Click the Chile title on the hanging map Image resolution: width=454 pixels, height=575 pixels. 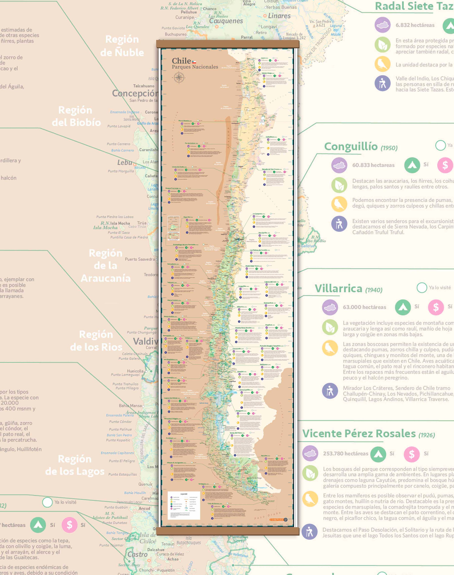tap(182, 61)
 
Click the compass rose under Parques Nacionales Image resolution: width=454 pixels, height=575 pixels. tap(179, 78)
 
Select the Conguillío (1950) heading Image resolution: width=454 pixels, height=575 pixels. tap(361, 147)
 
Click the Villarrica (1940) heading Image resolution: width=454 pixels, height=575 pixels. tap(348, 289)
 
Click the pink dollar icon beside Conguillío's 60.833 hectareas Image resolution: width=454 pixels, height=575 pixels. tap(445, 165)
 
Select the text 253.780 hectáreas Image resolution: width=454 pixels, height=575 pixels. tap(346, 454)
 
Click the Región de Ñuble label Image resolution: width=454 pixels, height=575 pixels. tap(122, 46)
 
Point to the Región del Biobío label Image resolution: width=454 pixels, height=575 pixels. tap(76, 116)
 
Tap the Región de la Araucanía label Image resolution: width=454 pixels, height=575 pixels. tap(106, 266)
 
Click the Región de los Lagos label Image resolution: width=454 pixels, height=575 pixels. tap(75, 465)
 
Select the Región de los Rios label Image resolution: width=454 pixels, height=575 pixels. tap(96, 340)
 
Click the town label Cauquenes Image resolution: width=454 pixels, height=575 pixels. tap(226, 21)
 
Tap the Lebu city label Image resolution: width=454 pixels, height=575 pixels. tap(125, 162)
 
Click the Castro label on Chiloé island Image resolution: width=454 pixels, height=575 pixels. tap(137, 555)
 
